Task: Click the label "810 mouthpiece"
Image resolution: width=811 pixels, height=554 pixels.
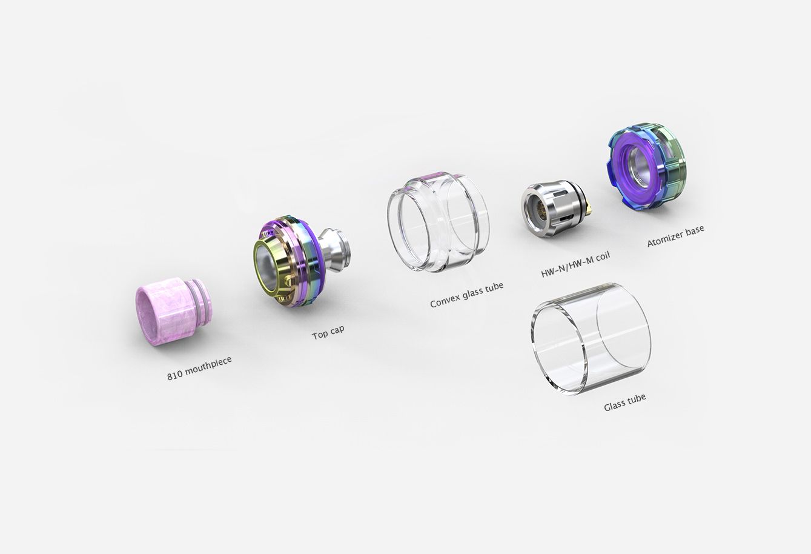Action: click(199, 369)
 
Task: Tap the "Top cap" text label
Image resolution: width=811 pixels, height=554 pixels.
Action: click(328, 333)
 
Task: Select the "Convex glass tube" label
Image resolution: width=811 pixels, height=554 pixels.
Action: click(467, 295)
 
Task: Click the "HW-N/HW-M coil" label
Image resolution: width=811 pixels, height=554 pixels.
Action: click(575, 264)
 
